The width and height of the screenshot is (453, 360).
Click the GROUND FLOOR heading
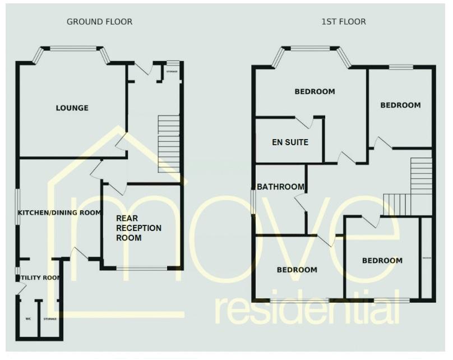coord(99,22)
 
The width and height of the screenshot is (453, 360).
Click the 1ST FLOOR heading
coord(343,22)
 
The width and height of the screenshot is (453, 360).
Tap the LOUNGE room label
coord(72,108)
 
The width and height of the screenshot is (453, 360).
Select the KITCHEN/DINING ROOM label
coord(59,213)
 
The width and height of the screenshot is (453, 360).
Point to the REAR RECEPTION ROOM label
coord(138,228)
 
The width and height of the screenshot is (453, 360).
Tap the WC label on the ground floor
coord(27,319)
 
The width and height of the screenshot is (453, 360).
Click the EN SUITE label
coord(289,142)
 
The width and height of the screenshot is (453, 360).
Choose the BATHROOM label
coord(281,187)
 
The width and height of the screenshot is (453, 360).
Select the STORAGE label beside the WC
coord(50,319)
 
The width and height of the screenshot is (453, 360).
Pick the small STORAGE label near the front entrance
coord(172,71)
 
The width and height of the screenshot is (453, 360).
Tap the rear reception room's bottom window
coord(142,269)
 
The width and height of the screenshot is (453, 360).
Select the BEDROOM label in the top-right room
coord(400,105)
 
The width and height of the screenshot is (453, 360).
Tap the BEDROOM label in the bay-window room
coord(315,91)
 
